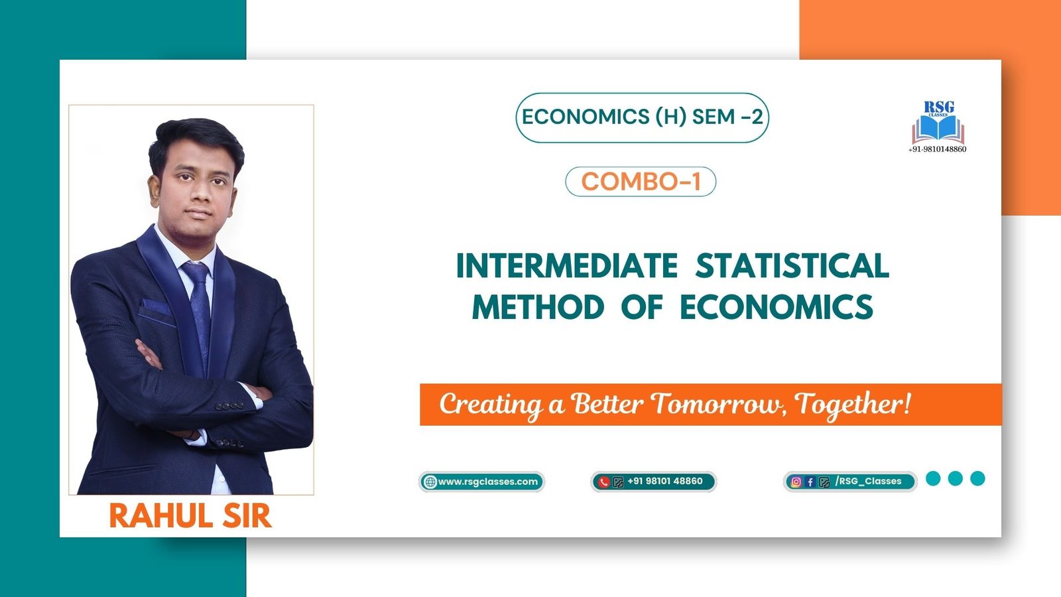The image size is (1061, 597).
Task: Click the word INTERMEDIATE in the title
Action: coord(566,266)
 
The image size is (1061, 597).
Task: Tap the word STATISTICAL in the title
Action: coord(792,266)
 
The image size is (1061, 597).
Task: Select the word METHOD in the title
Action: coord(538,308)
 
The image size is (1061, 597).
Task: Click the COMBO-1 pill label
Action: coord(641,182)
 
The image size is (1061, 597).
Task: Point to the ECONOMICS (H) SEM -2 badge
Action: coord(642,117)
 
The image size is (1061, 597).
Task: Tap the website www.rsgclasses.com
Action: coord(487,482)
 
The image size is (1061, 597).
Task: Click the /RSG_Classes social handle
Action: coord(868,482)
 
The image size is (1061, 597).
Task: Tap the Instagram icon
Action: coord(796,482)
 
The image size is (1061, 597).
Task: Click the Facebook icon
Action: coord(810,482)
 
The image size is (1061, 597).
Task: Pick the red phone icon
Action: coord(603,482)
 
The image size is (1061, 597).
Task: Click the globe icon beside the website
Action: coord(430,482)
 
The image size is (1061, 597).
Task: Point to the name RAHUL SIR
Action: coord(190,516)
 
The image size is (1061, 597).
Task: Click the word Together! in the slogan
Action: coord(853,404)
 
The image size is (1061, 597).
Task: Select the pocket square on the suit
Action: coord(155,306)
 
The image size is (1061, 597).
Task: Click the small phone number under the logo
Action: coord(937,149)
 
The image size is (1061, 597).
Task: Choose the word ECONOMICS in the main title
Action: coord(776,308)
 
